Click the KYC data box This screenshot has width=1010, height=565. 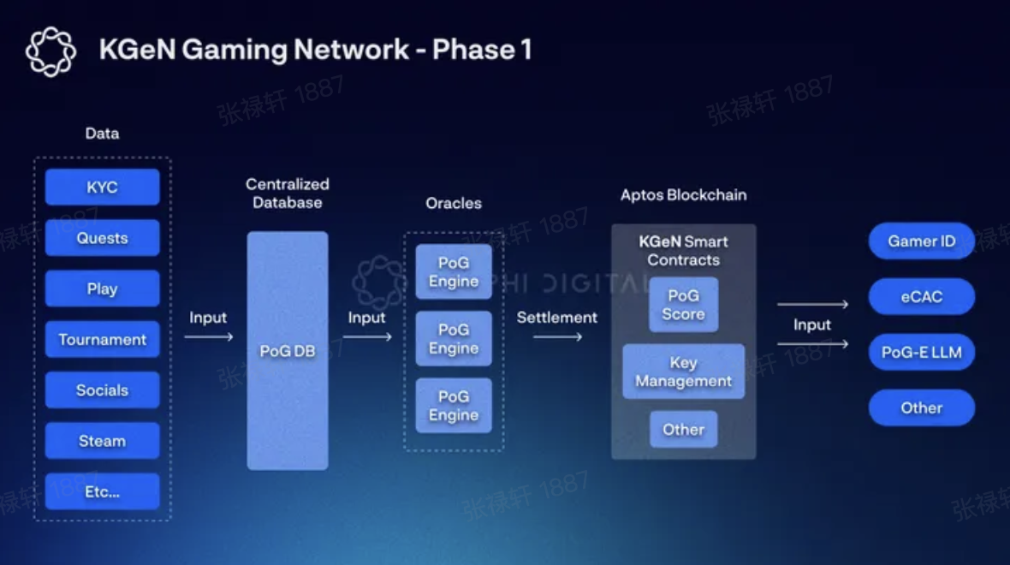coord(102,187)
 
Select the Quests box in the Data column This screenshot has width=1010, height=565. coord(102,238)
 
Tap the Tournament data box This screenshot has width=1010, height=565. coord(102,339)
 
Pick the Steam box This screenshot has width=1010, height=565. coord(102,441)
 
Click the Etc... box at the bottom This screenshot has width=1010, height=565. coord(102,491)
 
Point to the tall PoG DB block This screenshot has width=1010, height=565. coord(287,351)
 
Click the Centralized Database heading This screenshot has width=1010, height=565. coord(287,193)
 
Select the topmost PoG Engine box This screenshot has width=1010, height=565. coord(454,271)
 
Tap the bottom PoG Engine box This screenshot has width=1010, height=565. coord(454,406)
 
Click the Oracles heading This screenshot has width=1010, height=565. coord(454,204)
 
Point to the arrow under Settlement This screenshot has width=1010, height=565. coord(557,337)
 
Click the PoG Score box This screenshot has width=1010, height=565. coord(683,305)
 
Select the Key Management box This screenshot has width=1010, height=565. coord(683,372)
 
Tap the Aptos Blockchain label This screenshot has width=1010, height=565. coord(683,195)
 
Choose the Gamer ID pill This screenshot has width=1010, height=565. coord(921,241)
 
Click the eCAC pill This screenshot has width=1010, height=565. coord(921,297)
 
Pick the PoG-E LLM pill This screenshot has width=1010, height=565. coord(921,352)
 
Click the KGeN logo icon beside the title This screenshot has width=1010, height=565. coord(50,51)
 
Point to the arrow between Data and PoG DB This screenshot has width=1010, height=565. coord(208,337)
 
